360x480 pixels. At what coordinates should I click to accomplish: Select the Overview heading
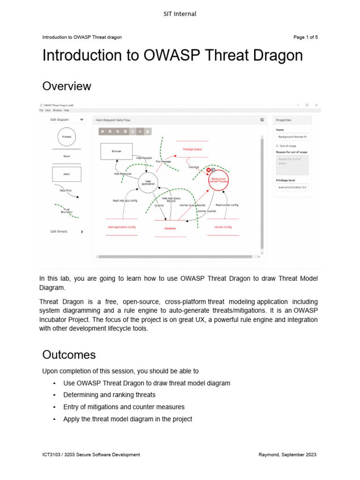coord(67,86)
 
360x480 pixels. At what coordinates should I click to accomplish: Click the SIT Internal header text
coord(180,14)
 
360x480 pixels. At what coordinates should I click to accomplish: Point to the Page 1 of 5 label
coord(305,37)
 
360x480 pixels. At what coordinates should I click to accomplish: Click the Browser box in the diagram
coord(117,151)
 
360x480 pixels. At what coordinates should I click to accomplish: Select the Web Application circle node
coord(148,182)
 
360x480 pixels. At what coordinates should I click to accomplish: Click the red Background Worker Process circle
coord(218,180)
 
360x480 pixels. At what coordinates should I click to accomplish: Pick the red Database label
coord(170,228)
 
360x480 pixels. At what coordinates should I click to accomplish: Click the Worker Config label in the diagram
coord(223,227)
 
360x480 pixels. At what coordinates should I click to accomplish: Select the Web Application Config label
coord(122,227)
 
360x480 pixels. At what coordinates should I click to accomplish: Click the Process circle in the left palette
coord(67,137)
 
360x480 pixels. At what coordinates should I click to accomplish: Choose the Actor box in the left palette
coord(67,174)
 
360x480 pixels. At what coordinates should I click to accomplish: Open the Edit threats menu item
coord(67,232)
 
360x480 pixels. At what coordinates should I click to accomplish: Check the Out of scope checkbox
coord(277,146)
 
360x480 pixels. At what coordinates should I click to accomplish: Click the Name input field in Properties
coord(292,137)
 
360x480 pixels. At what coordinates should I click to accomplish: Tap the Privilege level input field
coord(292,187)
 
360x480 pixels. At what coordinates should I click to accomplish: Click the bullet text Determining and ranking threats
coord(109,395)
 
